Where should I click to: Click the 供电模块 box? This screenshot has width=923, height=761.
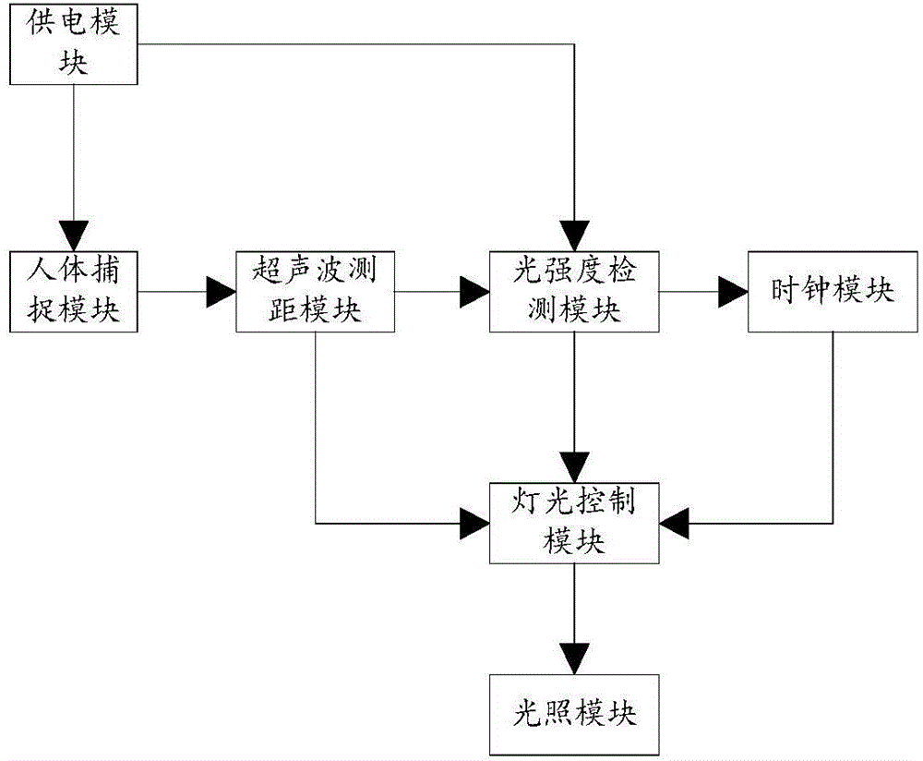click(75, 43)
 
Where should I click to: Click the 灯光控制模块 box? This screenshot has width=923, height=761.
click(574, 523)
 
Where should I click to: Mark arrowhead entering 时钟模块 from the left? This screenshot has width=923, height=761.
click(734, 293)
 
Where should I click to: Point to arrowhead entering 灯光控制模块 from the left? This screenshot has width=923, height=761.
click(475, 524)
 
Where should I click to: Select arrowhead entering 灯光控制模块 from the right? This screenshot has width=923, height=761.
click(674, 524)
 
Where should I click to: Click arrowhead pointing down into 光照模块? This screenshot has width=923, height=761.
click(574, 657)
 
